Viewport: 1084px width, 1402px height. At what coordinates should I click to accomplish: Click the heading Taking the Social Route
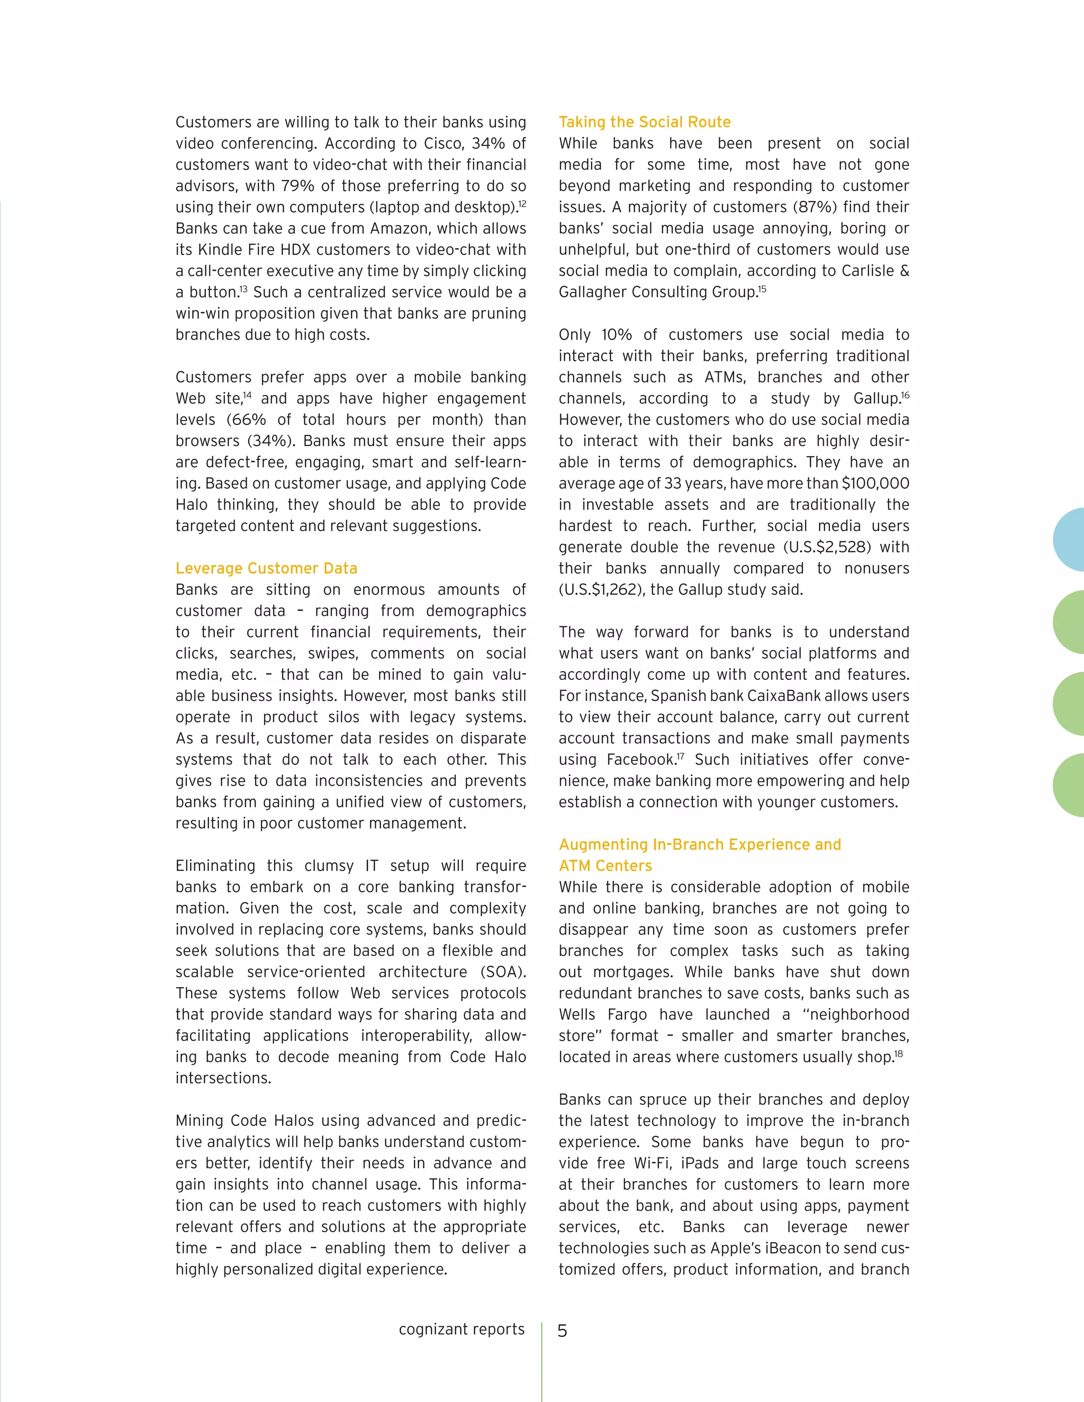(x=644, y=122)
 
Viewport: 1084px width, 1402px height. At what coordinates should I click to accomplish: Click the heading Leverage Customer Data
(x=266, y=568)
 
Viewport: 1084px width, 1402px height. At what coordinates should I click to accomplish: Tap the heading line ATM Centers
(x=605, y=866)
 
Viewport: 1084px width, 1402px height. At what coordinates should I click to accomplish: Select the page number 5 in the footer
(x=562, y=1331)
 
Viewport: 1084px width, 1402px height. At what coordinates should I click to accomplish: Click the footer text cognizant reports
(x=461, y=1330)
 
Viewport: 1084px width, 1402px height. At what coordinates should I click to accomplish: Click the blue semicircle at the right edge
(x=1070, y=540)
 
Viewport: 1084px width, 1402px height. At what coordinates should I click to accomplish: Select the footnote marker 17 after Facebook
(x=680, y=755)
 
